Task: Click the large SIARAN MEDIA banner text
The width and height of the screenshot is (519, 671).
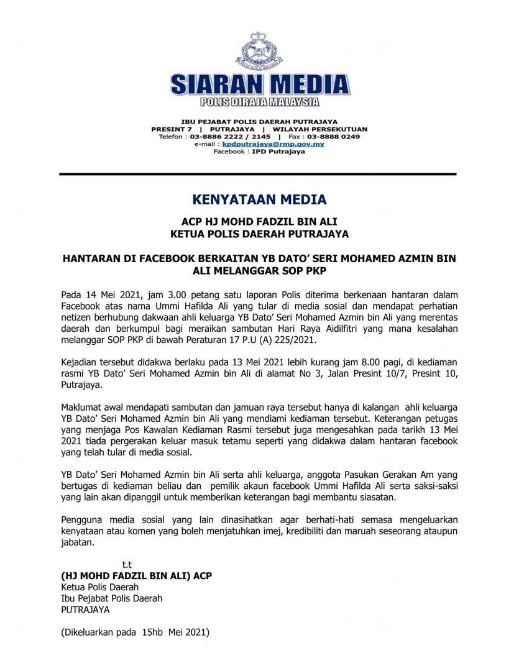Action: [x=259, y=85]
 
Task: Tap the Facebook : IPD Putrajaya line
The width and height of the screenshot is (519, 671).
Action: [x=259, y=151]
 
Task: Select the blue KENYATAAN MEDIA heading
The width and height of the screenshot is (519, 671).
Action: [x=259, y=200]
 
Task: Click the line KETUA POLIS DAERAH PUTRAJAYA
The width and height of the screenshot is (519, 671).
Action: [x=259, y=234]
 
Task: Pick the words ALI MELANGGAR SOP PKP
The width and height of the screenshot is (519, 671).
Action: [x=259, y=271]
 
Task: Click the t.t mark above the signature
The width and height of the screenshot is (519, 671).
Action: [x=127, y=565]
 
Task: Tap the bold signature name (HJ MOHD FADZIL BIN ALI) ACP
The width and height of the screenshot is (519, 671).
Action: [x=136, y=576]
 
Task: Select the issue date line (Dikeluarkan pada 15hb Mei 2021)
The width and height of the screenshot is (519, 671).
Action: [x=135, y=633]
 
